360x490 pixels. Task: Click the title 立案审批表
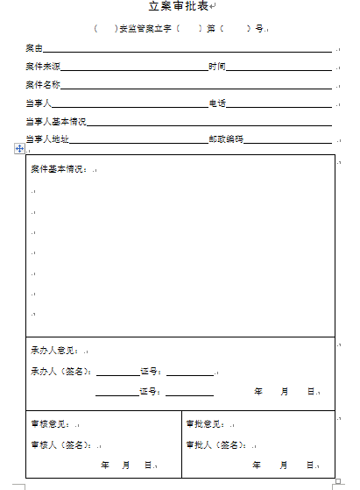[178, 8]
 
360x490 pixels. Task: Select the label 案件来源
[42, 67]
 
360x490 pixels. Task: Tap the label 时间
[217, 67]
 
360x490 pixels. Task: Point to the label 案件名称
[42, 85]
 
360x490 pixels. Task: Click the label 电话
[217, 103]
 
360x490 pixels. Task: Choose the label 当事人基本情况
[56, 122]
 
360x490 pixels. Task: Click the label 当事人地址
[47, 139]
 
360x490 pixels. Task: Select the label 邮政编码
[226, 139]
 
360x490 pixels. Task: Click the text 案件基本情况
[58, 168]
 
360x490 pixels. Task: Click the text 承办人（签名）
[60, 371]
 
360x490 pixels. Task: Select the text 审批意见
[203, 423]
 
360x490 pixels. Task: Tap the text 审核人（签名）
[55, 444]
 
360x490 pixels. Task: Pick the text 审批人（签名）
[211, 444]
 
